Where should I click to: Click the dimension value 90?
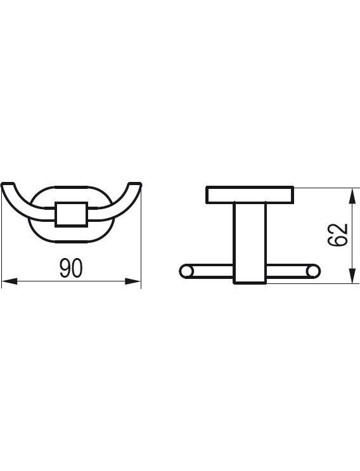(x=70, y=268)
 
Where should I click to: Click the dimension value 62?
(x=338, y=235)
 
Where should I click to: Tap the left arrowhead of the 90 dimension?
(x=10, y=281)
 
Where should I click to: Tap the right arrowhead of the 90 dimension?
(x=133, y=281)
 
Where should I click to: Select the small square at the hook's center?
(x=71, y=214)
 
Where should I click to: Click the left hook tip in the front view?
(x=7, y=184)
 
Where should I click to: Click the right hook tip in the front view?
(x=135, y=184)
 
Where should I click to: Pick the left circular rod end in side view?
(x=186, y=271)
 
